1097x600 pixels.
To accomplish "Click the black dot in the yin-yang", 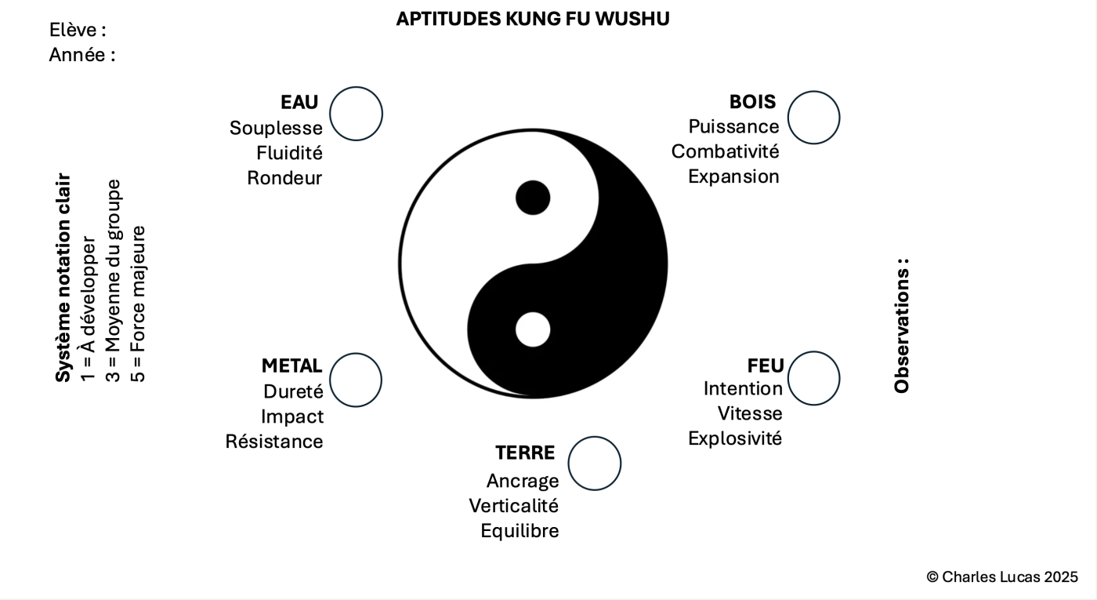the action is point(533,198).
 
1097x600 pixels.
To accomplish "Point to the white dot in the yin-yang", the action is point(533,329).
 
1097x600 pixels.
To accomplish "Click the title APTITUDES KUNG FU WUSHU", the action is point(533,19).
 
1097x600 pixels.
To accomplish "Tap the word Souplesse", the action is point(276,129).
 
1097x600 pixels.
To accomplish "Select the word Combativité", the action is point(726,151).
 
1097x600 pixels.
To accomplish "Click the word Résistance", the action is point(274,441).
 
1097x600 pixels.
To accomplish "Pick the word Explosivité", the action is point(735,438).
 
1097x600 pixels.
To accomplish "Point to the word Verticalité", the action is point(514,506).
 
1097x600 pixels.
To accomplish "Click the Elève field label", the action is point(78,30).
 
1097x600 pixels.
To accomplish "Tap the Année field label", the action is point(82,55).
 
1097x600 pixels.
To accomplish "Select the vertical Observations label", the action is point(902,326).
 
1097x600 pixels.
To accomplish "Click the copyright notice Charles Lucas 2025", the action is point(1002,577).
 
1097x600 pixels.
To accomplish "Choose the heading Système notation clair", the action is point(63,278).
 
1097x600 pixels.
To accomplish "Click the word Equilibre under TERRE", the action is point(520,531).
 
